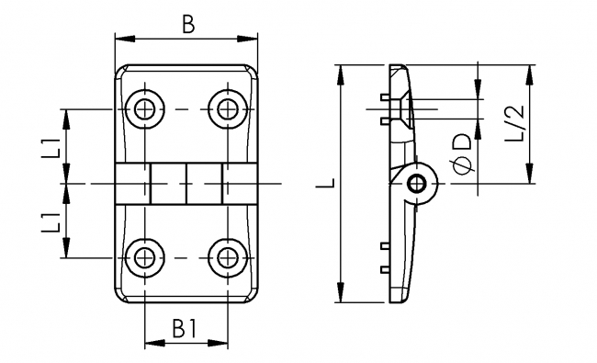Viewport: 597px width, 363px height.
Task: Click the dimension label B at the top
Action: [188, 24]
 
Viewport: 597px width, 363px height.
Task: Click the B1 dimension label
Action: [185, 328]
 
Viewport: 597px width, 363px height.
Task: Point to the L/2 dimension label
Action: [514, 123]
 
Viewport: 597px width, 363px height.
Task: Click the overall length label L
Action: [327, 183]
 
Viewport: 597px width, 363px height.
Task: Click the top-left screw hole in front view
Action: [145, 109]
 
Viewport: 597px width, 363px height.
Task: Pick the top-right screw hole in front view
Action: [228, 109]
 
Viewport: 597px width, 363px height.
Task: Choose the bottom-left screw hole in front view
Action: [145, 258]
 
